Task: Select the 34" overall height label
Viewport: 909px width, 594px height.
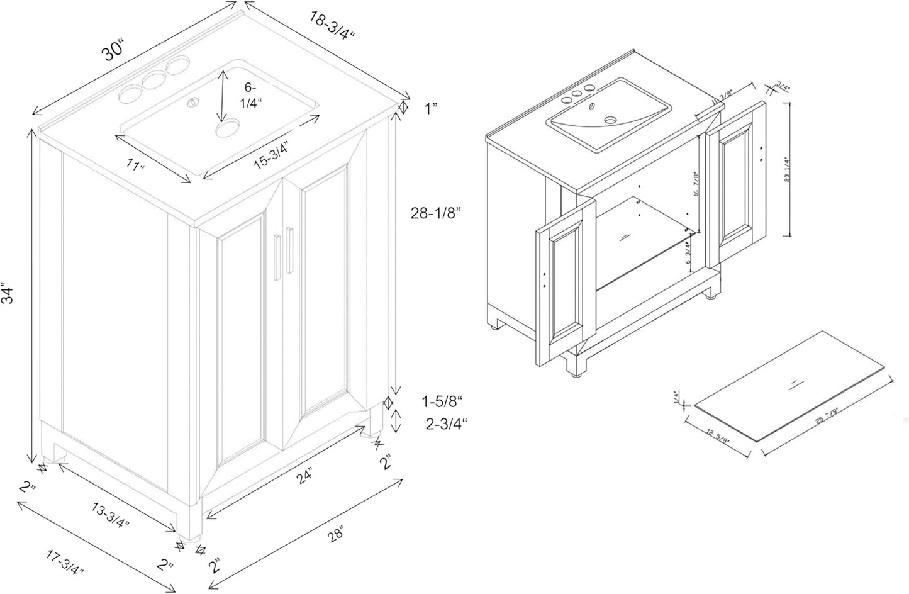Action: (8, 293)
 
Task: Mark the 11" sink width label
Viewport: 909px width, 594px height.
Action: (135, 167)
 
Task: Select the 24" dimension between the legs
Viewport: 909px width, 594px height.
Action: (304, 478)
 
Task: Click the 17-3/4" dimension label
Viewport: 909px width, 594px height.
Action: (65, 563)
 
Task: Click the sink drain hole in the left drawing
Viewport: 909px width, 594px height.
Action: (224, 130)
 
